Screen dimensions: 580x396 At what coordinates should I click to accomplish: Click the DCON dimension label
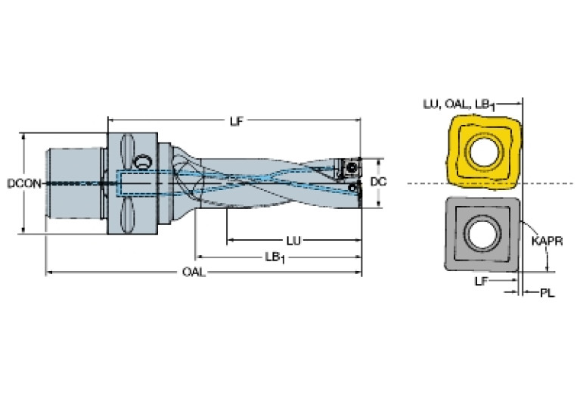pos(24,183)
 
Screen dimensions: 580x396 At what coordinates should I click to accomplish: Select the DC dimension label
pos(378,182)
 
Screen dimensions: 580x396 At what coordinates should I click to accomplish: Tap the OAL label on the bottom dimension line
pos(194,273)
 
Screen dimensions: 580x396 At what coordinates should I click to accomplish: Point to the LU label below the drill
pos(293,241)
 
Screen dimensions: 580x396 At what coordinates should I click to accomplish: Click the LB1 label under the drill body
pos(274,257)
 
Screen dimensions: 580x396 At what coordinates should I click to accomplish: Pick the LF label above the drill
pos(237,120)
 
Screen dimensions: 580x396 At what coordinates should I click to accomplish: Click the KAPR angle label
pos(547,241)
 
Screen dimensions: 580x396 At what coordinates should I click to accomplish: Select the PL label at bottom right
pos(547,293)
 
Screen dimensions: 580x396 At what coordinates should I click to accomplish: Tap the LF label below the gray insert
pos(481,281)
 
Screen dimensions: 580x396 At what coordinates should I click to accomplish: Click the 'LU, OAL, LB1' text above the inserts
pos(459,104)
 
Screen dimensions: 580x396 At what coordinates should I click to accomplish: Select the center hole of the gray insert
pos(483,234)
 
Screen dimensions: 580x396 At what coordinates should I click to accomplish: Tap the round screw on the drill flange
pos(142,162)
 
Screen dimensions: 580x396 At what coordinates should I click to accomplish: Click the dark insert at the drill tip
pos(349,168)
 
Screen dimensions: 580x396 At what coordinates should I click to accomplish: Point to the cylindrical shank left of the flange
pos(74,183)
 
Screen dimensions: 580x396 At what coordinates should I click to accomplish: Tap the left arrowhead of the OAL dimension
pos(48,273)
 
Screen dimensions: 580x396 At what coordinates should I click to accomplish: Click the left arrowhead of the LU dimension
pos(230,241)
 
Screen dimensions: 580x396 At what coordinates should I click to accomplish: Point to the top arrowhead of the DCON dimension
pos(24,136)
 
